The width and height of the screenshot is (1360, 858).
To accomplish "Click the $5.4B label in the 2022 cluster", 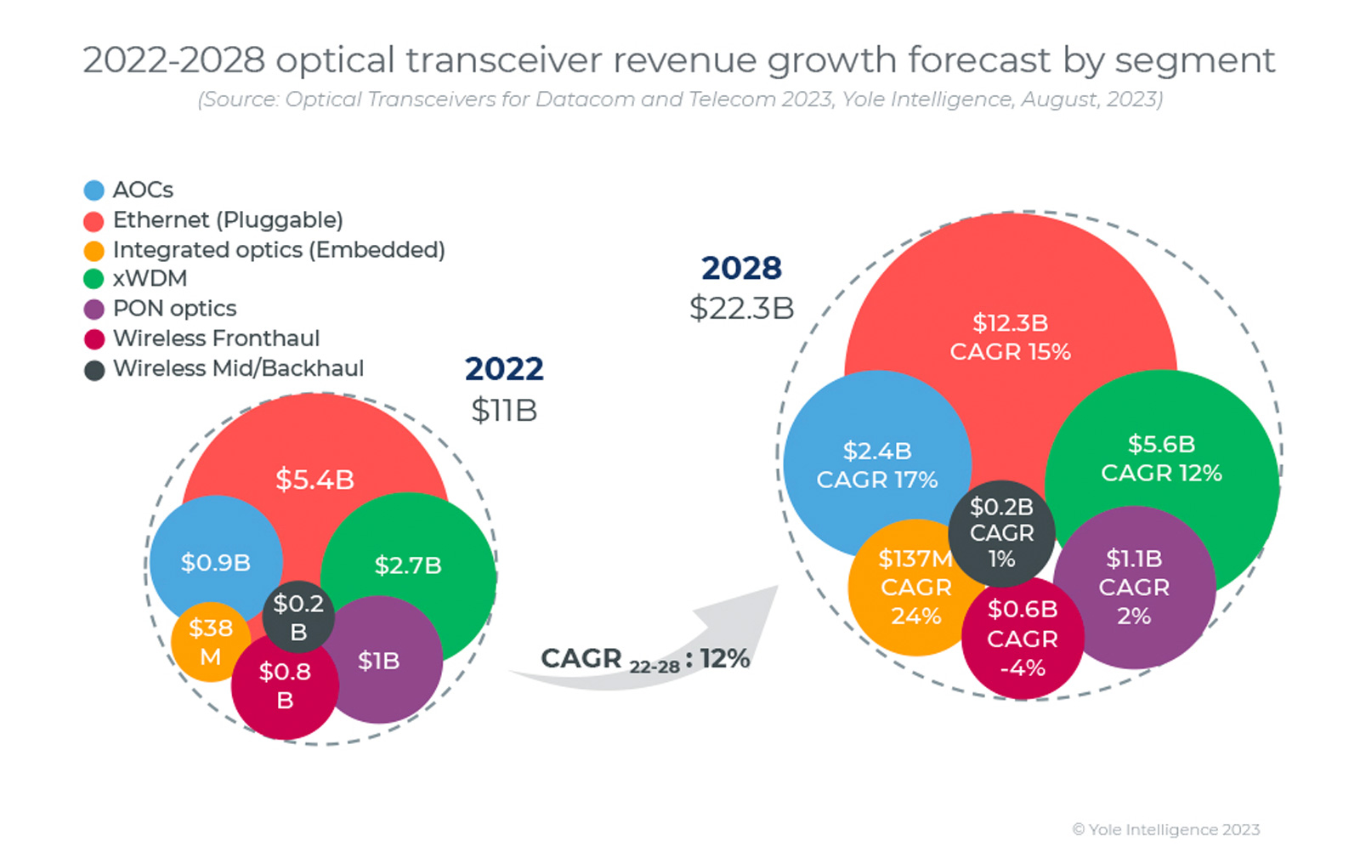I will click(x=314, y=480).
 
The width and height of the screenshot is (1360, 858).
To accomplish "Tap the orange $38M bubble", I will click(x=209, y=642).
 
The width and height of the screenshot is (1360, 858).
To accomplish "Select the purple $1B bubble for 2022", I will click(x=380, y=661).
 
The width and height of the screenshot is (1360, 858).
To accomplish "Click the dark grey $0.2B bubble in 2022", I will click(x=297, y=617).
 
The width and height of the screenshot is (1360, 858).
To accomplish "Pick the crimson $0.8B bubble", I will click(x=285, y=685).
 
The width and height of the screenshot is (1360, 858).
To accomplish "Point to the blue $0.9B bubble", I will click(x=215, y=562).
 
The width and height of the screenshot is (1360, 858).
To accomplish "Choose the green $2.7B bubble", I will click(x=409, y=565).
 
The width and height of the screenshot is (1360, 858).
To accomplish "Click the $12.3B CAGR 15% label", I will click(x=1010, y=337).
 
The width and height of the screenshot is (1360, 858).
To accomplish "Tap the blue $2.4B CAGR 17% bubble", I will click(x=876, y=465).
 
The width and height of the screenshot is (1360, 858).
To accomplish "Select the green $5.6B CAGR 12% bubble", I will click(x=1161, y=458).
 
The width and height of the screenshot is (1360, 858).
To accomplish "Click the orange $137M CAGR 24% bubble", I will click(x=915, y=588).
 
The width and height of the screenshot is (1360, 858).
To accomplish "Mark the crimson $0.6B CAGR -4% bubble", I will click(x=1023, y=638).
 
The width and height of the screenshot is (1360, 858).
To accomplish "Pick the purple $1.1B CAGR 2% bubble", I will click(x=1134, y=588).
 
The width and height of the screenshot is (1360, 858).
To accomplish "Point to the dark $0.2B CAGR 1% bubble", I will click(x=1001, y=533).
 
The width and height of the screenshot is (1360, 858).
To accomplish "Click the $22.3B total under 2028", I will click(x=741, y=308).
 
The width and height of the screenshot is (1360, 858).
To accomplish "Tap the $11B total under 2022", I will click(x=504, y=411).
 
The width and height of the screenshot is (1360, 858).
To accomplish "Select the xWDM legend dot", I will click(x=93, y=279).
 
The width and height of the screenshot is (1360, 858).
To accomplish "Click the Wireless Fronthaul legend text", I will click(x=216, y=338).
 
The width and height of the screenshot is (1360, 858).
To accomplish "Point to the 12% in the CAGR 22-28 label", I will click(x=724, y=658).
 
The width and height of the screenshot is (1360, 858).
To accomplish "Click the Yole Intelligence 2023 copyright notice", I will click(x=1165, y=829).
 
